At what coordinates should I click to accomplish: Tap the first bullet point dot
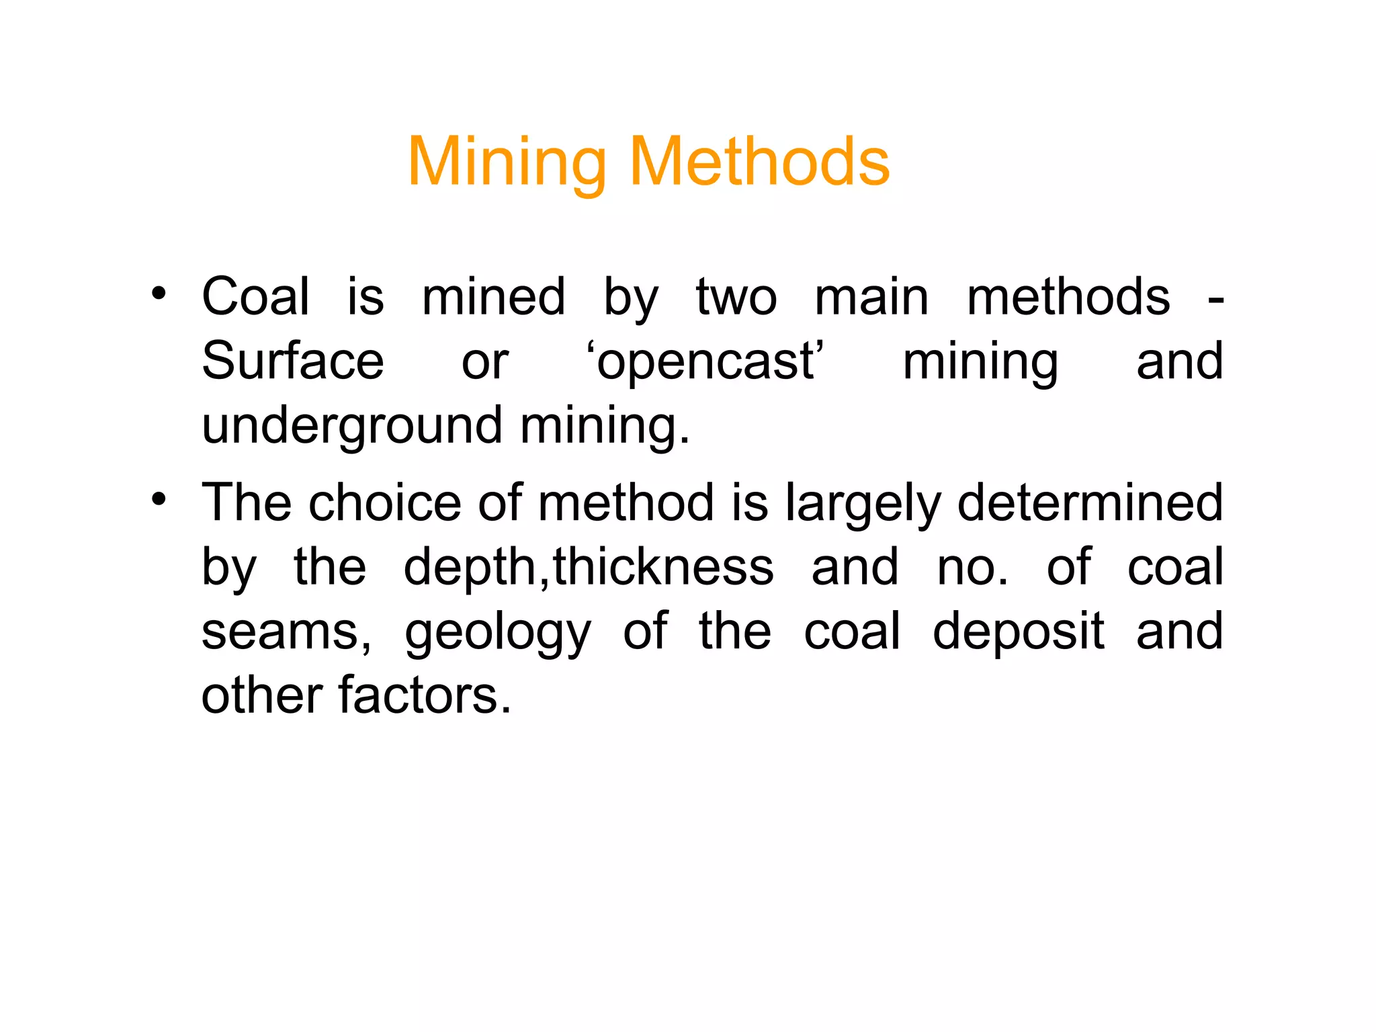[x=159, y=293]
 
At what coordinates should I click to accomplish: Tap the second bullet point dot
[x=159, y=499]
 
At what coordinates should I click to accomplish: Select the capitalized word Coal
[x=255, y=296]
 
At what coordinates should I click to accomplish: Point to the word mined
[x=493, y=296]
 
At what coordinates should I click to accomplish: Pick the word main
[x=871, y=296]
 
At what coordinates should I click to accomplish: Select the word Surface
[x=293, y=361]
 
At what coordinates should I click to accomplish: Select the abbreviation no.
[x=972, y=568]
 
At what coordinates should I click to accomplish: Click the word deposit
[x=1018, y=633]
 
